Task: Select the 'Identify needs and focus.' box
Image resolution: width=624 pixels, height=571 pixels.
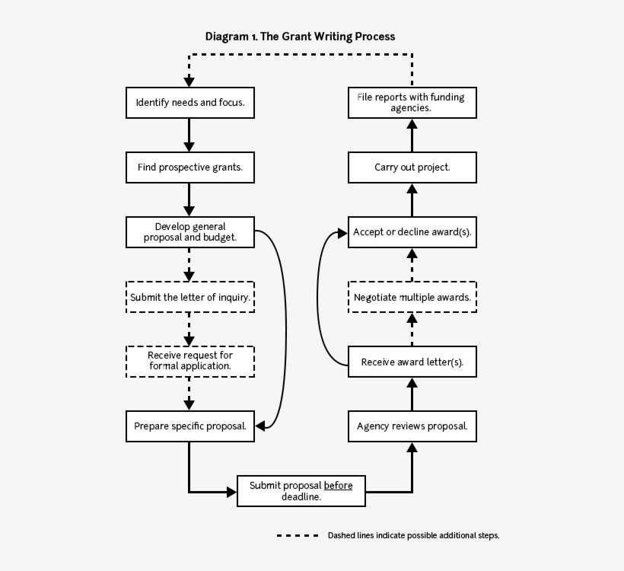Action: (x=189, y=103)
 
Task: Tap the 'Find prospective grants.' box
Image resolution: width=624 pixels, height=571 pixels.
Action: (x=189, y=167)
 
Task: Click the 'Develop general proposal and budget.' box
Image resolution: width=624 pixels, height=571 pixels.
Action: (x=189, y=232)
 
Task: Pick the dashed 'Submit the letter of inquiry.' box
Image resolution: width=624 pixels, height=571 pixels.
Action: (x=189, y=297)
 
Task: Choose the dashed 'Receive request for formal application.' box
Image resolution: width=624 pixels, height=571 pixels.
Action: (x=189, y=361)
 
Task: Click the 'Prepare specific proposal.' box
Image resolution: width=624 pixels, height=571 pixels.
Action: (x=189, y=426)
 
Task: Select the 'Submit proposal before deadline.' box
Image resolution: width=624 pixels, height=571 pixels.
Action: (x=301, y=491)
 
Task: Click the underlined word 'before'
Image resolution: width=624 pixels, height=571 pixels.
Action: (x=338, y=486)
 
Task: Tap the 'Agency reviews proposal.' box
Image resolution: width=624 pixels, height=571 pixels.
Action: (x=412, y=426)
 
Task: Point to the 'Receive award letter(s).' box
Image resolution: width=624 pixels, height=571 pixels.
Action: (x=412, y=362)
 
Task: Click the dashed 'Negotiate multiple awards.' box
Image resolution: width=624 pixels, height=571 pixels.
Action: (x=412, y=297)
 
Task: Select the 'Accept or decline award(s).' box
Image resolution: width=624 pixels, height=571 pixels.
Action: (x=412, y=232)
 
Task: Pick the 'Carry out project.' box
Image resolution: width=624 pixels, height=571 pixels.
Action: (x=412, y=167)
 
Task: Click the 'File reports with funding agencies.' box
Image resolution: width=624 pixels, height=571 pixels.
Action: (x=412, y=103)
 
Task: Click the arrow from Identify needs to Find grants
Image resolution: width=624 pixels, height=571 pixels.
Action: (x=189, y=135)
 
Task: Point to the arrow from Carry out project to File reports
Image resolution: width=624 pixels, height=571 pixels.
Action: (x=412, y=135)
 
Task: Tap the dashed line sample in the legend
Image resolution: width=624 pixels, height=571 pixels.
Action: (x=298, y=535)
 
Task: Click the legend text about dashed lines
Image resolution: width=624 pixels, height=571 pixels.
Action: (x=413, y=535)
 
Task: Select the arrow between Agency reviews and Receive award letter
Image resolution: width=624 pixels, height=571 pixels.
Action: (x=412, y=394)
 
